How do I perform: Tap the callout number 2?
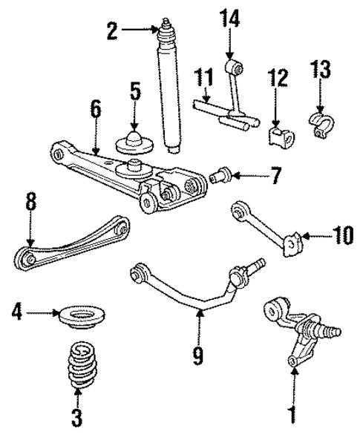coord(112,30)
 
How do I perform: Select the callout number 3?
coord(77,417)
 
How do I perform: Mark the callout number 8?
coord(29,203)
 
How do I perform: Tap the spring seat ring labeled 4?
coord(80,315)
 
